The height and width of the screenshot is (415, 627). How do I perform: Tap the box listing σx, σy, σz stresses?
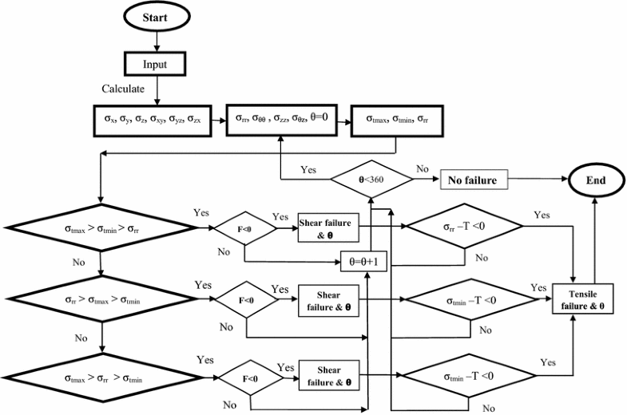(x=155, y=121)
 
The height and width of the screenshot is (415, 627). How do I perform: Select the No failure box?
(x=473, y=181)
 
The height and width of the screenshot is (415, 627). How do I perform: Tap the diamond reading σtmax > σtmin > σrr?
(x=100, y=228)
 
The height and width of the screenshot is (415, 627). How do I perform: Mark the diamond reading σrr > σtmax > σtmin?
(x=100, y=301)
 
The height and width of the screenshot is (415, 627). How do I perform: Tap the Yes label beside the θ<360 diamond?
(x=308, y=170)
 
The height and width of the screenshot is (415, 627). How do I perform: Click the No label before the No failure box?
(x=424, y=170)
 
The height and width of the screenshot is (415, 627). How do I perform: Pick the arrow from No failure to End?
(x=536, y=181)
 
